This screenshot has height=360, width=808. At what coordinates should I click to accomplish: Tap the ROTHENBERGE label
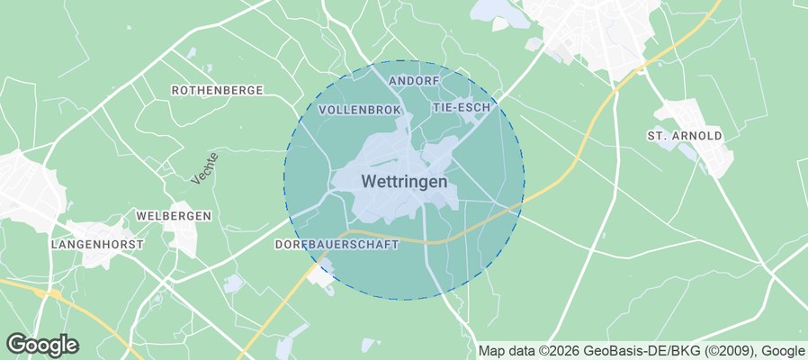[217, 90]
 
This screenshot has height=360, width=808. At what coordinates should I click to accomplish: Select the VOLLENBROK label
[359, 109]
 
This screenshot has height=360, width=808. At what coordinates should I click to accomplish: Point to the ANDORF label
[413, 81]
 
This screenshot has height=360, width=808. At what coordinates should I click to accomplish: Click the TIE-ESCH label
[462, 107]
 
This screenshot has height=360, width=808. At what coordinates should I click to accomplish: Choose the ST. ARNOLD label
[685, 136]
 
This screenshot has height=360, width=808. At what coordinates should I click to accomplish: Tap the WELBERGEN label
[173, 216]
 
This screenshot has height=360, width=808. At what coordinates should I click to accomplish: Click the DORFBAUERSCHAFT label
[336, 244]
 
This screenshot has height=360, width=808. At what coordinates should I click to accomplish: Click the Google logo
[42, 345]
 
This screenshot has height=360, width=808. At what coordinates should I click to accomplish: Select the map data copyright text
[642, 351]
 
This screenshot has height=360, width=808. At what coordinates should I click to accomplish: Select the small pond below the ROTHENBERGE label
[207, 69]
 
